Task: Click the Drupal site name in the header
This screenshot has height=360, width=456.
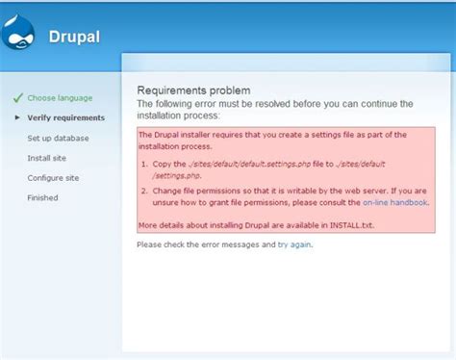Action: pyautogui.click(x=75, y=39)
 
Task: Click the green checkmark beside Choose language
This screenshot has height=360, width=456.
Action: pyautogui.click(x=16, y=97)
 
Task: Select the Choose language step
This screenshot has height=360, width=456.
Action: pyautogui.click(x=60, y=98)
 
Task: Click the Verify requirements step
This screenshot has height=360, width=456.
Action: pyautogui.click(x=66, y=117)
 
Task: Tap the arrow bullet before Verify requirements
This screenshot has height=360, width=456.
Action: pyautogui.click(x=16, y=117)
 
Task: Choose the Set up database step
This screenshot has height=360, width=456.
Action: pyautogui.click(x=58, y=138)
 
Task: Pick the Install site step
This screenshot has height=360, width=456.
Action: pyautogui.click(x=46, y=158)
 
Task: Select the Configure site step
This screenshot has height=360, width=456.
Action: pyautogui.click(x=53, y=178)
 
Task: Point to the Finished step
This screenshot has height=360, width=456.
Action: pyautogui.click(x=42, y=198)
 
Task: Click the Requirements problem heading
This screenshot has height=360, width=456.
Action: pyautogui.click(x=193, y=90)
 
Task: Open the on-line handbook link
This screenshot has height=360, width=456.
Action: pyautogui.click(x=394, y=203)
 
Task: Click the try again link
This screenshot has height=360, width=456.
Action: pyautogui.click(x=293, y=244)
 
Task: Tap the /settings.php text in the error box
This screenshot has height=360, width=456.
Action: pyautogui.click(x=175, y=176)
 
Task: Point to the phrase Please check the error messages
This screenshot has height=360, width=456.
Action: pyautogui.click(x=206, y=244)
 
